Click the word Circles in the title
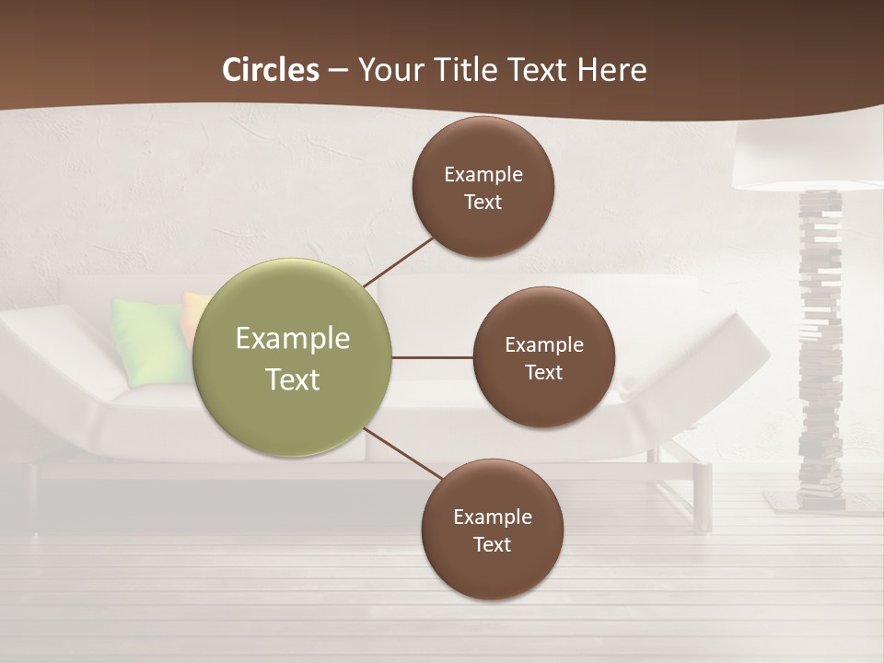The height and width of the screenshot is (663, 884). point(271,70)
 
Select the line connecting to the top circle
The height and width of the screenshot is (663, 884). point(398,262)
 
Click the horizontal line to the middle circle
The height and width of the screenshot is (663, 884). point(433,357)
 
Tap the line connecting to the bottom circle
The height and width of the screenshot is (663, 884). point(403,454)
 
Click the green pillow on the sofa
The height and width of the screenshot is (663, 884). point(147,339)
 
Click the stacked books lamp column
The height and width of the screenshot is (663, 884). point(820,350)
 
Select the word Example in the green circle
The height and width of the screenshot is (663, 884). point(293,339)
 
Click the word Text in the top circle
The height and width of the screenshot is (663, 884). point(483,203)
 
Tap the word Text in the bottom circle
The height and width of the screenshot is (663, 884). point(492,545)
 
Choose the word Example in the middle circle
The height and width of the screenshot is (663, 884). point(543,345)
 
